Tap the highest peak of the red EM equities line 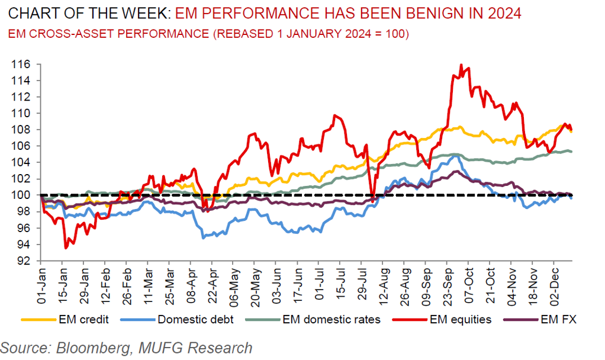(461, 65)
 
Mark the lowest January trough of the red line (65, 247)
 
